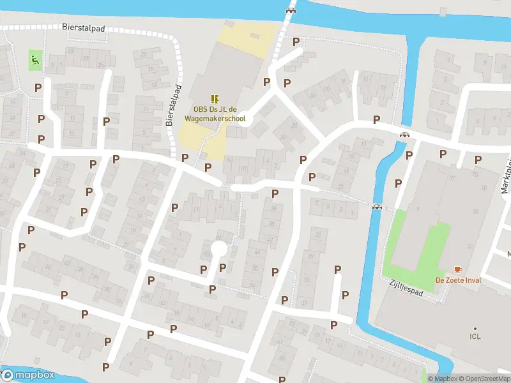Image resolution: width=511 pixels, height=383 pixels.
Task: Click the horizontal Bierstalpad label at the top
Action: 84,28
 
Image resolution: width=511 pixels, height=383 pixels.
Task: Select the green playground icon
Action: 34,61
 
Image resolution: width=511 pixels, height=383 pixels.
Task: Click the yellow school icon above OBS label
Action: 215,98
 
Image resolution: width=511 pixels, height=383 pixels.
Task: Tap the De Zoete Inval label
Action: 459,280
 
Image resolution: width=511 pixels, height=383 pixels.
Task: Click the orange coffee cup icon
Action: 458,269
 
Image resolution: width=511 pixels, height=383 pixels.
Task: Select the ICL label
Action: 475,336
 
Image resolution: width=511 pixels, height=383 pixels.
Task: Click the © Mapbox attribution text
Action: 443,379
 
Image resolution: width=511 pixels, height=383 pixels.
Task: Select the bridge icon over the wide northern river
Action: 291,10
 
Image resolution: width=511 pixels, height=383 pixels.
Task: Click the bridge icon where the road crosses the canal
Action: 404,134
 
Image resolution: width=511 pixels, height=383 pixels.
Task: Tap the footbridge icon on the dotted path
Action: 378,206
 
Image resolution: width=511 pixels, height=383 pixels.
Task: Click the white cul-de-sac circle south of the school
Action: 218,248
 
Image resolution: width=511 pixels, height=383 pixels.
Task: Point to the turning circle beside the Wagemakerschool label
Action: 247,119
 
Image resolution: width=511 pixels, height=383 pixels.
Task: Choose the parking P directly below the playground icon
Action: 38,87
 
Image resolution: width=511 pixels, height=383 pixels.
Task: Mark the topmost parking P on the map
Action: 296,41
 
